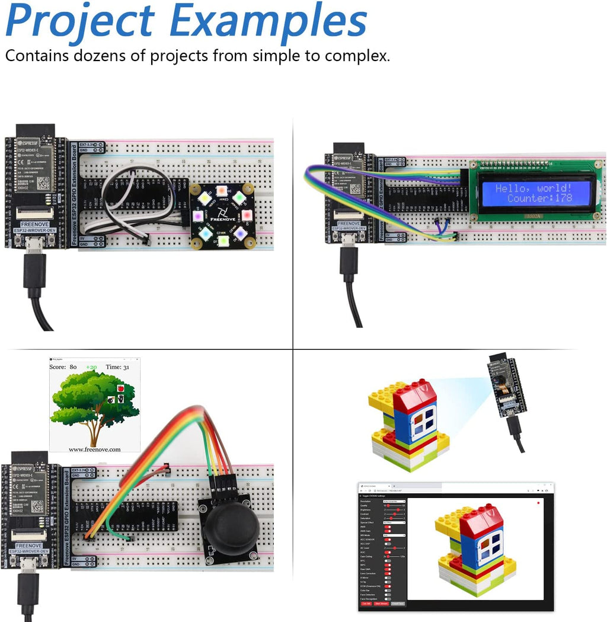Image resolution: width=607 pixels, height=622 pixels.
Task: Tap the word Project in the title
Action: (80, 21)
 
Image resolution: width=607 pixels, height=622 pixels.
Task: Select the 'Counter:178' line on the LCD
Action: (539, 198)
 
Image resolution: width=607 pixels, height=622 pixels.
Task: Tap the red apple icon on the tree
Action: (121, 388)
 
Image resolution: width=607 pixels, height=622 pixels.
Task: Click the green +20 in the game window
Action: (91, 367)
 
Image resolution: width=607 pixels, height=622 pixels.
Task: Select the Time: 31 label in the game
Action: (117, 367)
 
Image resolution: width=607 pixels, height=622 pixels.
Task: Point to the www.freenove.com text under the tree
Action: (94, 449)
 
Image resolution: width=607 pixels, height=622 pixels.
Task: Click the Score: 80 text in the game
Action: (63, 367)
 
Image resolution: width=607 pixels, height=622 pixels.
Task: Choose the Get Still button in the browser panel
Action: (366, 604)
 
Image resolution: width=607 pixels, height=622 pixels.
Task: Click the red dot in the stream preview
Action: (538, 503)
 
